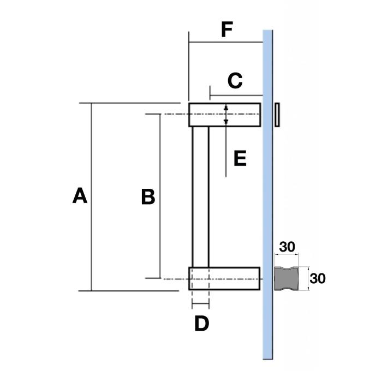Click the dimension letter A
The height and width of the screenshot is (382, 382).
coord(80,195)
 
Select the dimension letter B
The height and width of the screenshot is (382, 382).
coord(147,196)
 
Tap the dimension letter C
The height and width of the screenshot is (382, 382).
coord(234,81)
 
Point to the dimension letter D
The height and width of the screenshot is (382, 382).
coord(201,324)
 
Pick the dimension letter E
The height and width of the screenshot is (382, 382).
coord(240,159)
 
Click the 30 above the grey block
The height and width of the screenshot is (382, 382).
coord(287,247)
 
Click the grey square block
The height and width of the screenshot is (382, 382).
coord(286,278)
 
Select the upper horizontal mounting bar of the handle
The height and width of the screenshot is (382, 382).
coord(240,115)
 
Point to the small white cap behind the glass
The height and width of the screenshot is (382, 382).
coord(278,115)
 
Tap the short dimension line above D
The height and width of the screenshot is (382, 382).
coord(201,303)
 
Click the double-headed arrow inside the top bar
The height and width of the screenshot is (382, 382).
coord(226,115)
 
